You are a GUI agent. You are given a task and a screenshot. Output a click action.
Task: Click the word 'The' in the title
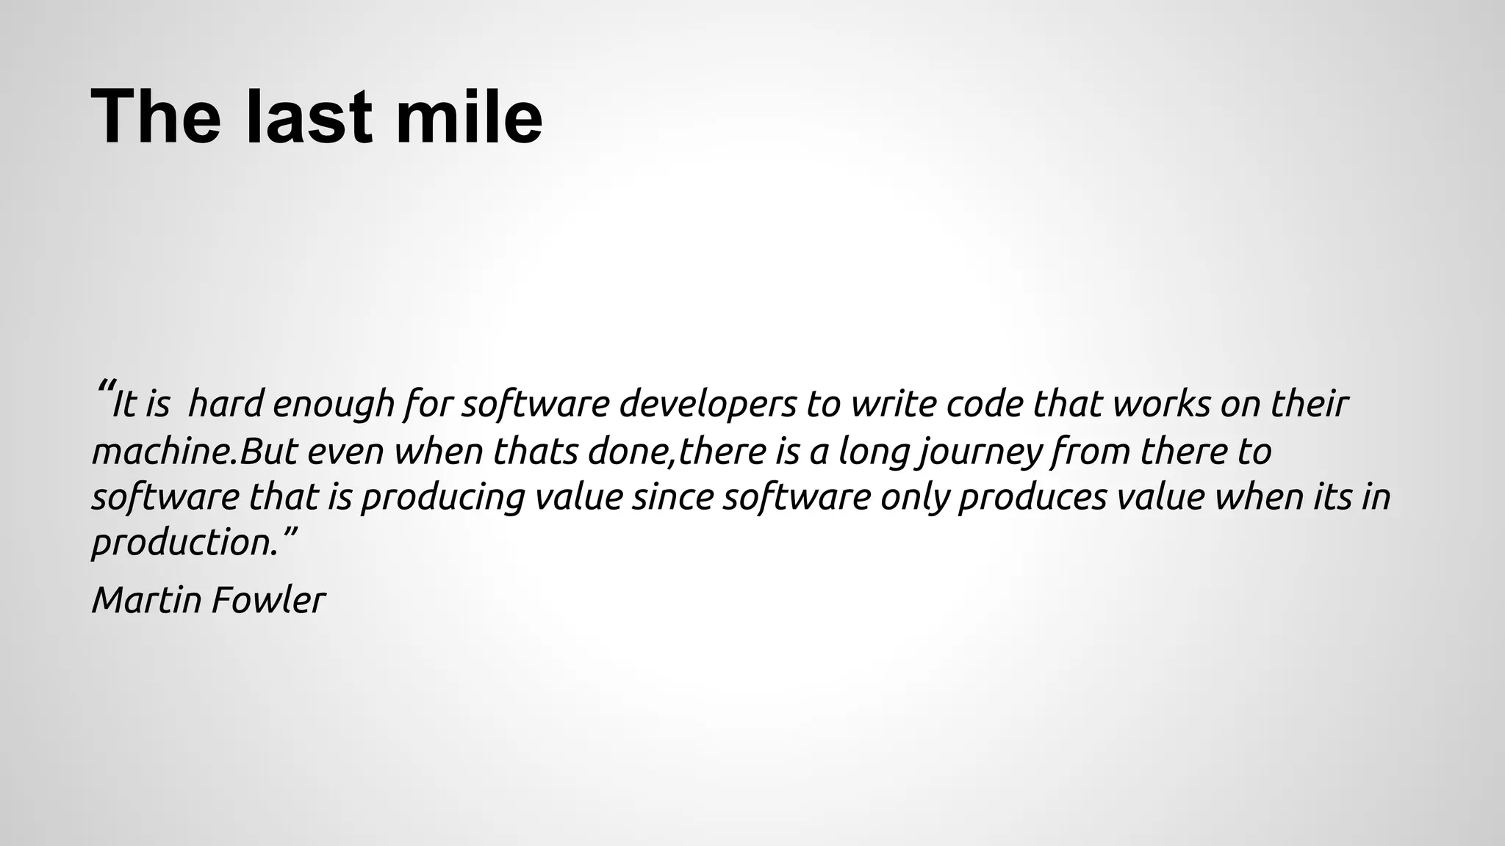pos(156,117)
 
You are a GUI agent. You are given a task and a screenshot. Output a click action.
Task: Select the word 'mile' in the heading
pos(469,117)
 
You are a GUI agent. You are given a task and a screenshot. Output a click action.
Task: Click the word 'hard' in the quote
pos(226,404)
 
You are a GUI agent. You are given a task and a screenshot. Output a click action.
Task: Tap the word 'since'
pos(672,497)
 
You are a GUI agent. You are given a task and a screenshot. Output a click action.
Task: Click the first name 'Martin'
pos(146,600)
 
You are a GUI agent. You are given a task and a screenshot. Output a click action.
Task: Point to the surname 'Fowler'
pos(268,600)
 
